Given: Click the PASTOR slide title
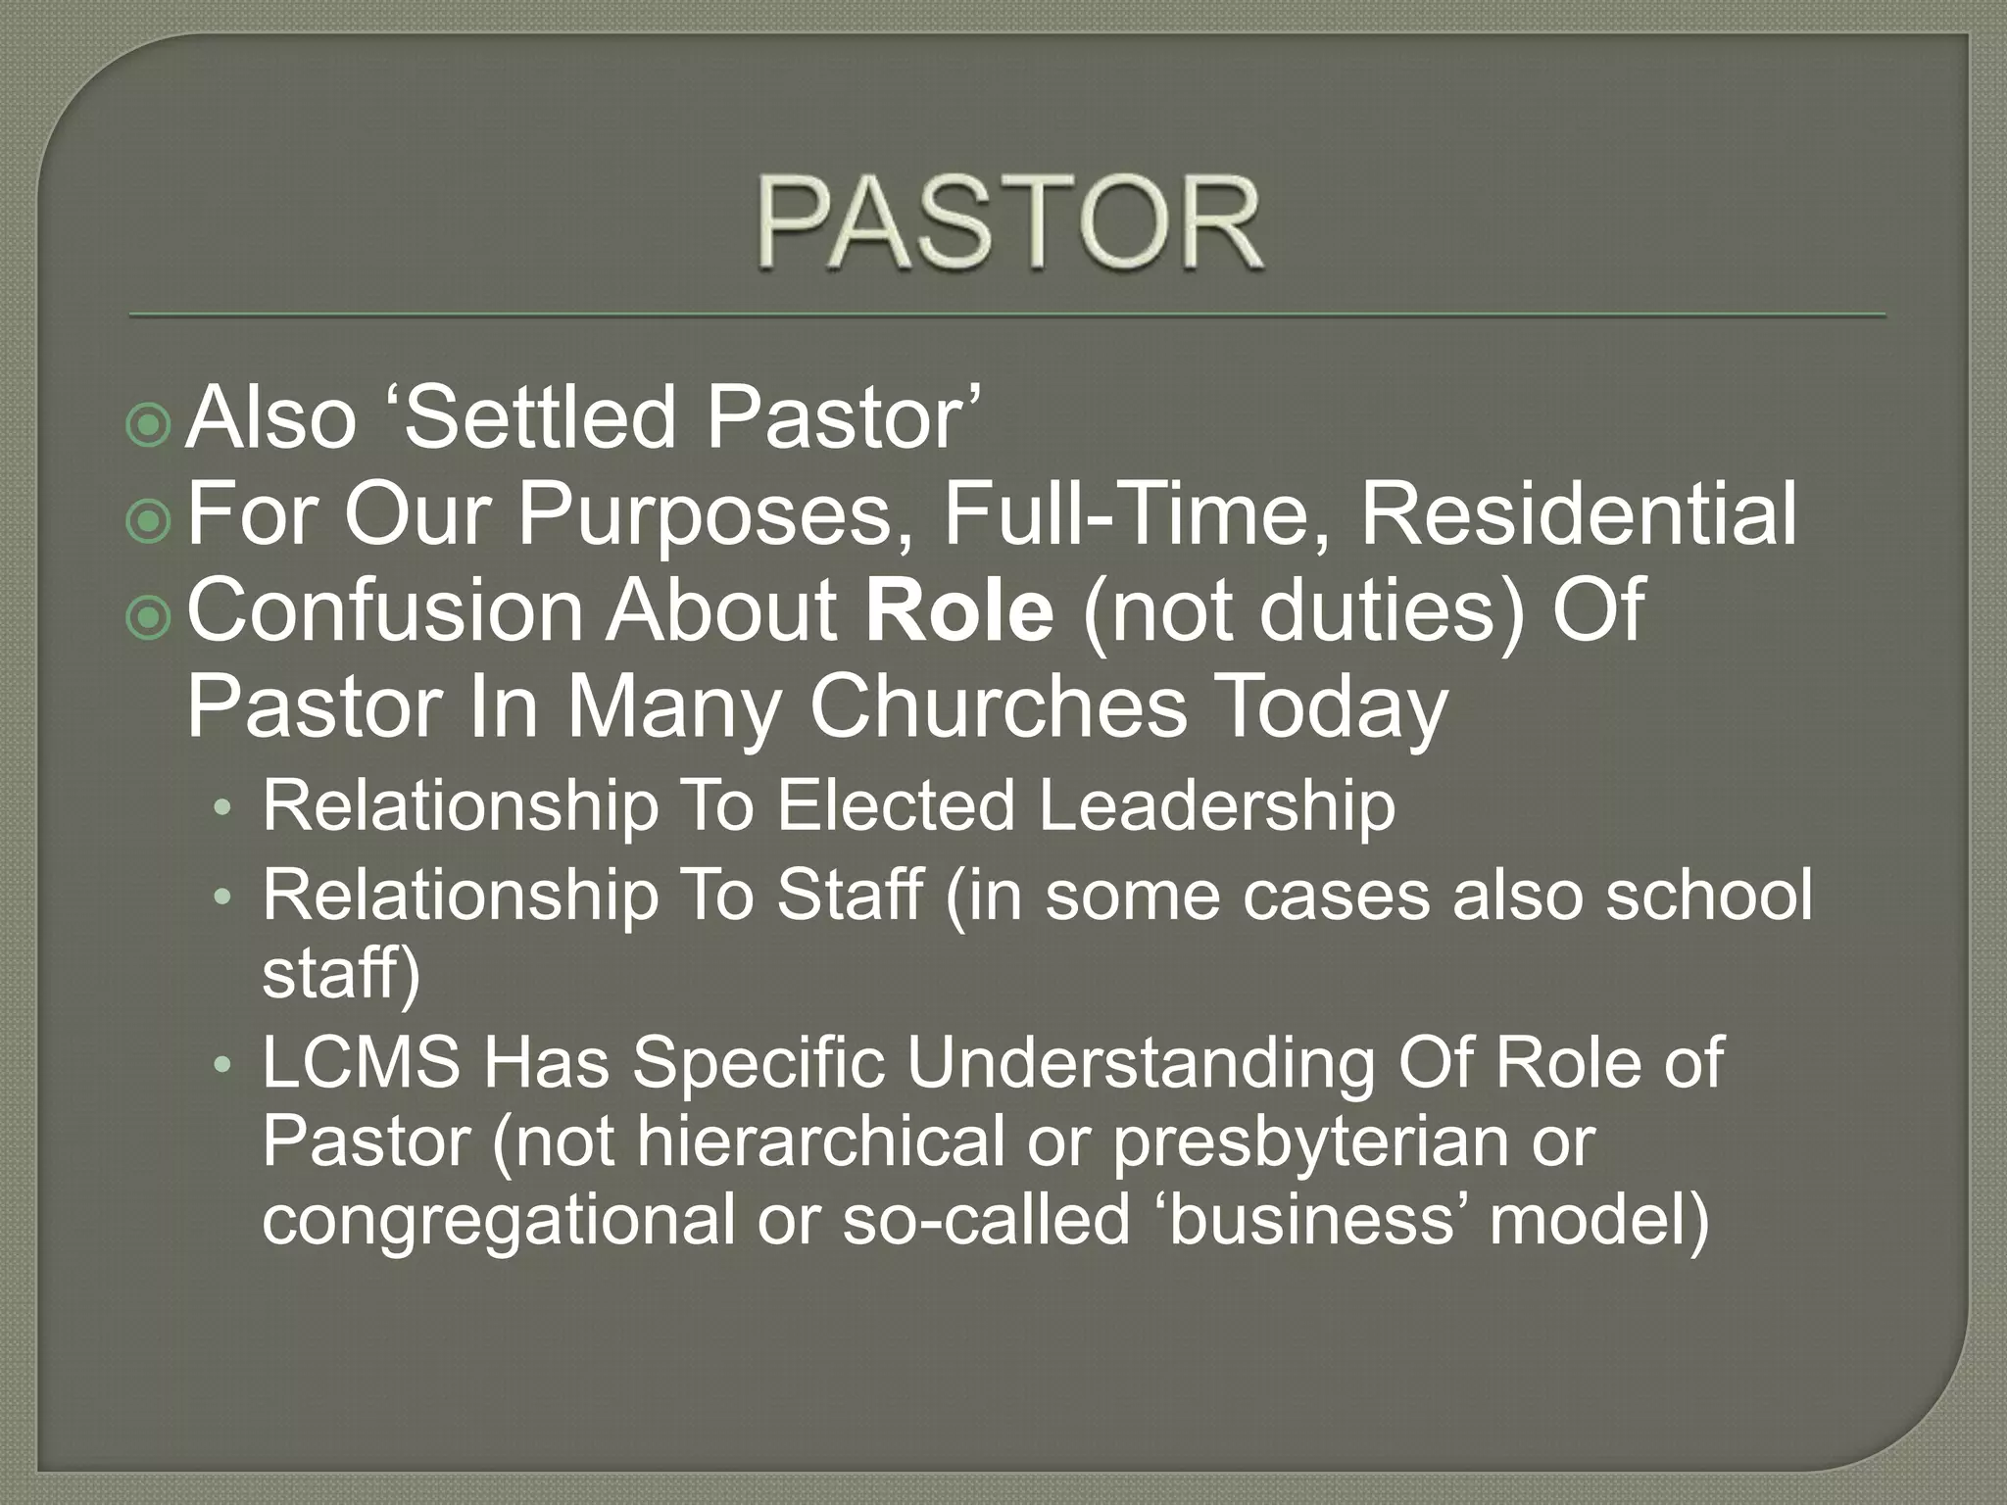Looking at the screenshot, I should pyautogui.click(x=1009, y=223).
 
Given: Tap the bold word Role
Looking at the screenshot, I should pyautogui.click(x=959, y=610).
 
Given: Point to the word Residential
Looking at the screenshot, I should pyautogui.click(x=1579, y=514).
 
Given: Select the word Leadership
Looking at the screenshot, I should pyautogui.click(x=1216, y=806).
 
